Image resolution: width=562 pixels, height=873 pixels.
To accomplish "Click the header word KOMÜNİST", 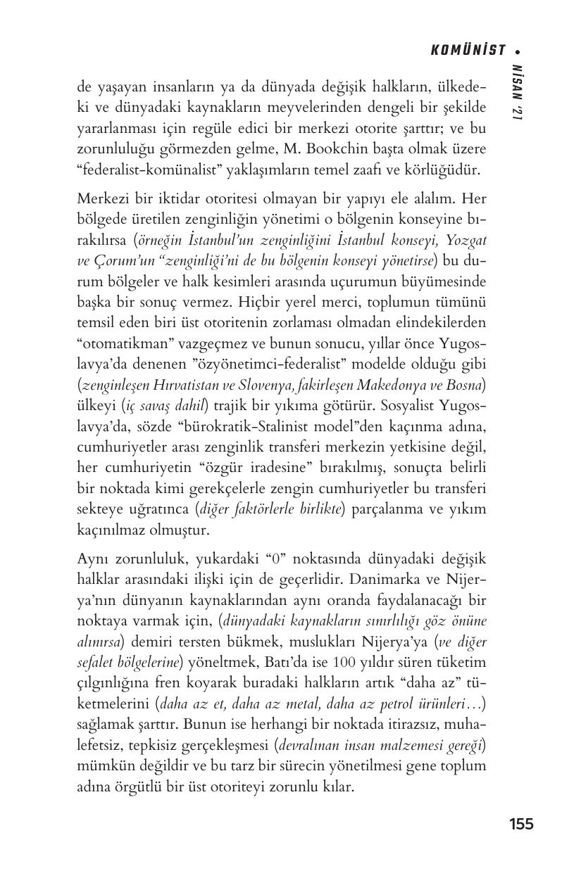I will click(x=468, y=50).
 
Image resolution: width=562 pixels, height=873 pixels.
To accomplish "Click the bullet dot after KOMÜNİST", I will click(x=518, y=51).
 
